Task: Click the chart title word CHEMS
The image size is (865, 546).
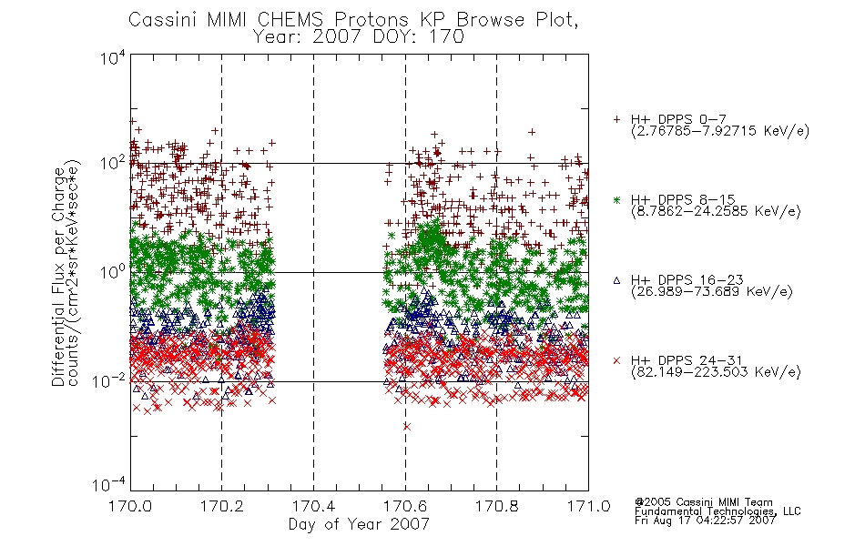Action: pos(290,20)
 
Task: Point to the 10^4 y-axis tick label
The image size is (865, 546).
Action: pos(113,57)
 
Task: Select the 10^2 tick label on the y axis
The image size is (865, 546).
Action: pos(113,164)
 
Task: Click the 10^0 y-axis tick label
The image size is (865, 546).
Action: pos(113,272)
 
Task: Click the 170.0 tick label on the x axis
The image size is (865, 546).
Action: pos(130,506)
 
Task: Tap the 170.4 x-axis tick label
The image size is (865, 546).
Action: pos(314,506)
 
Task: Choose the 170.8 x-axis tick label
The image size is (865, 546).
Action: pos(496,506)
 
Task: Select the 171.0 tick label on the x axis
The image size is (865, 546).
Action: pos(588,506)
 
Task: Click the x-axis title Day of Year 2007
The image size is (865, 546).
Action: pos(359,524)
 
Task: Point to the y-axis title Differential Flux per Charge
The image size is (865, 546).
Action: pos(58,277)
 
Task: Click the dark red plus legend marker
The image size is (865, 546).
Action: pos(616,119)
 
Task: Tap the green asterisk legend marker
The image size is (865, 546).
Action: pos(616,199)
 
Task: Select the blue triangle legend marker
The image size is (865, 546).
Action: pos(616,280)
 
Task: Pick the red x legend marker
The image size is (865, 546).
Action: pos(616,360)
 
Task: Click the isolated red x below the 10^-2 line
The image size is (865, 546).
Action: pos(407,426)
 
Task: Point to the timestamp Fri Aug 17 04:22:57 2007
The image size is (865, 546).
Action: pos(705,521)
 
